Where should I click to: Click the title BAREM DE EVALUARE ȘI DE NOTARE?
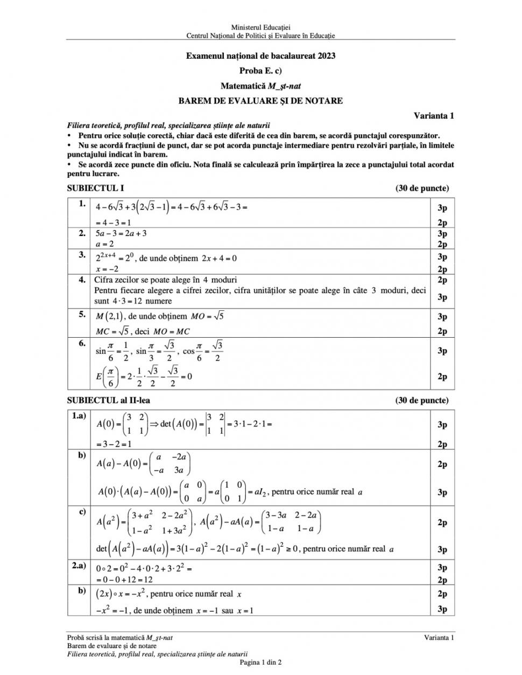click(260, 100)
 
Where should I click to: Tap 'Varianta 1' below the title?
click(434, 115)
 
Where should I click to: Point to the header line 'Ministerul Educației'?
click(260, 27)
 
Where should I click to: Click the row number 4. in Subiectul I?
click(82, 280)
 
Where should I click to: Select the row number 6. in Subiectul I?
click(82, 343)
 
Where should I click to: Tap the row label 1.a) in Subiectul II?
click(79, 417)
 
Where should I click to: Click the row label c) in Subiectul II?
click(82, 511)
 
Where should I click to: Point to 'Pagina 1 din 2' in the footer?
click(260, 662)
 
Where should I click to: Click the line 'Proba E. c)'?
click(260, 71)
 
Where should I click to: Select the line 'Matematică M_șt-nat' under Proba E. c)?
click(260, 86)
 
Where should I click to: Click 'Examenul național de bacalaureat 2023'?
click(260, 55)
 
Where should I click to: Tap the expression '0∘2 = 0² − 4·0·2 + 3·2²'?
click(144, 568)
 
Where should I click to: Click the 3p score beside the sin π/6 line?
click(442, 351)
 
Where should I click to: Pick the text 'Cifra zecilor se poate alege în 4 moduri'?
click(165, 280)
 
